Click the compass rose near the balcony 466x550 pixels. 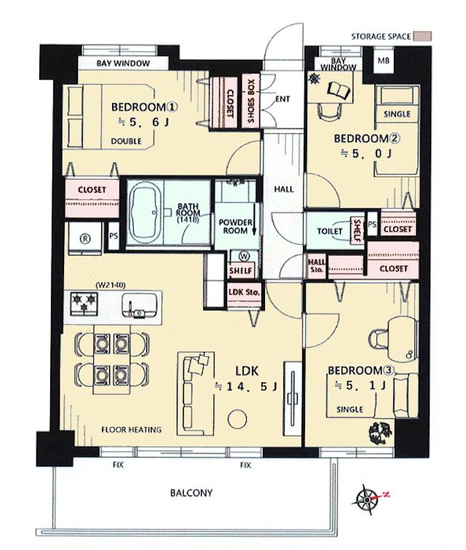click(367, 500)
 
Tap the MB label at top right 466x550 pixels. click(383, 60)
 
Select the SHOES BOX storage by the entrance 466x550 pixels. click(251, 101)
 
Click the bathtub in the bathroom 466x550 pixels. click(145, 211)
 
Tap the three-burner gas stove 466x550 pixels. click(84, 302)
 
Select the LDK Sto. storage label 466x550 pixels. click(244, 292)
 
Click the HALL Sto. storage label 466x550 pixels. click(316, 266)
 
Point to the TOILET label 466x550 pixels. click(330, 231)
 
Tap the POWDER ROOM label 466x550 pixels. click(235, 227)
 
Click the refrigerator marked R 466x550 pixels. click(85, 238)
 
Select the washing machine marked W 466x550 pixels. click(244, 256)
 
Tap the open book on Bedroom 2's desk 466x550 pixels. click(339, 90)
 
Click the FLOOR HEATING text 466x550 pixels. click(132, 430)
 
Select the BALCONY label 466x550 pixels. click(191, 493)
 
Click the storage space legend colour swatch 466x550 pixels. click(422, 36)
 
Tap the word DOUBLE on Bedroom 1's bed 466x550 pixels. click(126, 141)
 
